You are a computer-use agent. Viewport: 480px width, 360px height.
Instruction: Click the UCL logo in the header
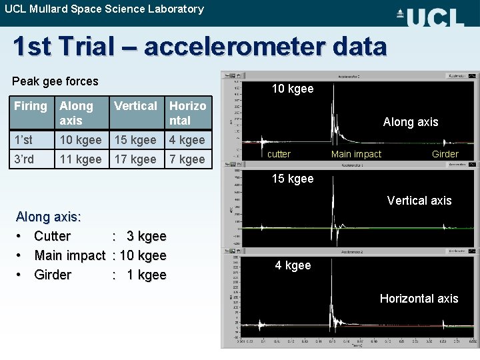pos(430,16)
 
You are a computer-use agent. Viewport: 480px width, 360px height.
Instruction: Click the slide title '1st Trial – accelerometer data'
pos(199,47)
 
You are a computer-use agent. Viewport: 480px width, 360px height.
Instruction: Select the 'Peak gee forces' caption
pos(55,81)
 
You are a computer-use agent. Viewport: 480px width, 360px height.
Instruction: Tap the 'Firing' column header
pos(31,106)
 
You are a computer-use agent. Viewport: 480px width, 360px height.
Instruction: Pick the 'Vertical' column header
pos(135,106)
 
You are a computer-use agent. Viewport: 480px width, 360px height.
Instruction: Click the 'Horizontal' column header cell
pos(187,113)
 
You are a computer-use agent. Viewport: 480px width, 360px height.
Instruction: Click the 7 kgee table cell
pos(187,159)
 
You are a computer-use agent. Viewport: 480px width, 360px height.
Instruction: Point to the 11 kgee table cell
pos(80,159)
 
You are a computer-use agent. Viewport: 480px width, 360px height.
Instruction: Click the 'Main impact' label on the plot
pos(356,154)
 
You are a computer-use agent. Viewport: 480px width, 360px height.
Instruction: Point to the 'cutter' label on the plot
pos(279,154)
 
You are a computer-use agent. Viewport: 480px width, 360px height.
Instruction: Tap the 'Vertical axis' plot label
pos(419,200)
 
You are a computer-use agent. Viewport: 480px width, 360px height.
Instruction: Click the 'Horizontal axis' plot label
pos(419,299)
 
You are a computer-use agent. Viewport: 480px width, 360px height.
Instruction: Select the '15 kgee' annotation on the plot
pos(292,179)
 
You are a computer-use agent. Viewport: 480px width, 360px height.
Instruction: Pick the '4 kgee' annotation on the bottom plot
pos(293,265)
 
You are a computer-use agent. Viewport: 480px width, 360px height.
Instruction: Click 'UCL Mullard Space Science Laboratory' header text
pos(104,9)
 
